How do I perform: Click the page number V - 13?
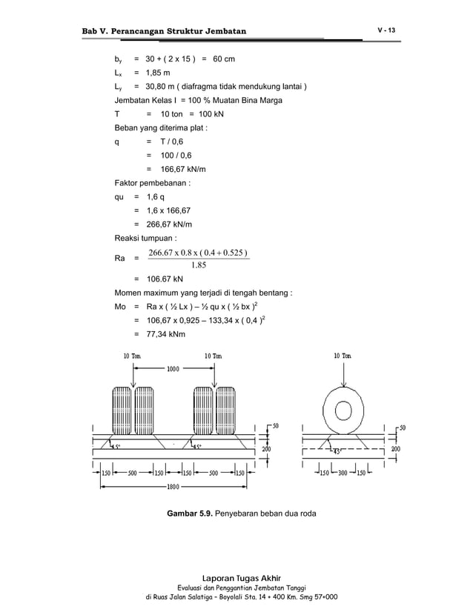click(x=386, y=30)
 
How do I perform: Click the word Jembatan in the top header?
click(x=220, y=30)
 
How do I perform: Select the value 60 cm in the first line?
click(x=219, y=58)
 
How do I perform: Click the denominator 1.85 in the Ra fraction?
click(x=199, y=265)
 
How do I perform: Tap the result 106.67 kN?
click(x=164, y=279)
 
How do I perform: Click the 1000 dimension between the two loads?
click(x=173, y=368)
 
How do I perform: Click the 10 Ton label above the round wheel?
click(x=343, y=356)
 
